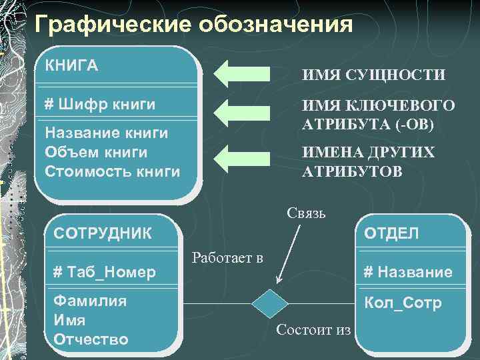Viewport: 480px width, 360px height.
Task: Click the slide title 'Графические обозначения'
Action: (x=193, y=25)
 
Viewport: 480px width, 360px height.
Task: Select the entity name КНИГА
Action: (x=71, y=65)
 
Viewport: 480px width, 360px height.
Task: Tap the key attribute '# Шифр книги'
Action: (x=99, y=105)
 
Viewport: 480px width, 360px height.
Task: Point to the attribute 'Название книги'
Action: (x=105, y=133)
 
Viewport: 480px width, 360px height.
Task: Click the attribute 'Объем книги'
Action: (x=95, y=152)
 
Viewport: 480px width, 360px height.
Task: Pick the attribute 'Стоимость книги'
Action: (x=112, y=171)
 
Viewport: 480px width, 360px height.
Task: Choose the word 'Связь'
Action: (x=306, y=213)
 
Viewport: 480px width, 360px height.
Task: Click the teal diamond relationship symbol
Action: (x=270, y=303)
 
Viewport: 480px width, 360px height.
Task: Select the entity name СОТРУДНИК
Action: (x=103, y=233)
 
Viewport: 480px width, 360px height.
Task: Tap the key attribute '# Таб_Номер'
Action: (x=104, y=271)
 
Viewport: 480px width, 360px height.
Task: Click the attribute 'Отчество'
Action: (x=91, y=339)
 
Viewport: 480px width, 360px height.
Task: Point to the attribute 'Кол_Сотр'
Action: (x=402, y=303)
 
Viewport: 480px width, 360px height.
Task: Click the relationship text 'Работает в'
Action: (x=227, y=257)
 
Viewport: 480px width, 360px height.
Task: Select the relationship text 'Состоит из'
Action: (x=313, y=329)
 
